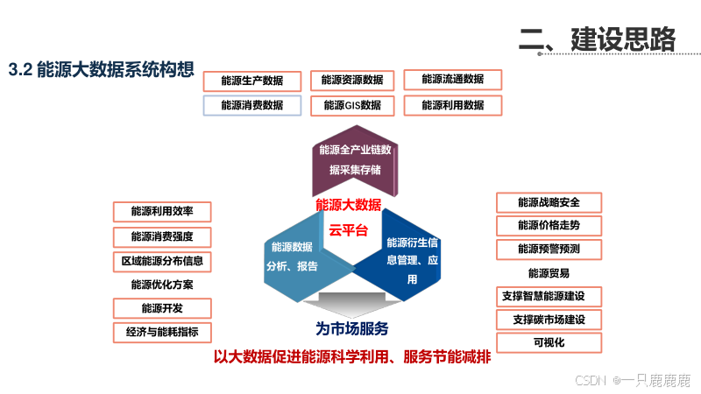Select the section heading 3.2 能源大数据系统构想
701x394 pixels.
[x=101, y=71]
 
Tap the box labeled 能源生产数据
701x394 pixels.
[x=252, y=81]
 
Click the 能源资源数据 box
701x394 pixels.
[x=352, y=80]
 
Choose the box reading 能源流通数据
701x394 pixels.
[x=452, y=79]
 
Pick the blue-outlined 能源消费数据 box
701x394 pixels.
[x=252, y=105]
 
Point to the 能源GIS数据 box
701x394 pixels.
[x=352, y=105]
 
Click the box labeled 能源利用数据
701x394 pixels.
[x=452, y=105]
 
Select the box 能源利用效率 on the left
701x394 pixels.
[x=162, y=211]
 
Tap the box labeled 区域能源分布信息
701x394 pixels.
[x=162, y=261]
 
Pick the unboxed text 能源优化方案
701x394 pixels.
[x=162, y=285]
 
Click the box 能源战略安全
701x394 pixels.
[x=549, y=202]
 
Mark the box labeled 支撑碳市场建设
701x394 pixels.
[x=549, y=319]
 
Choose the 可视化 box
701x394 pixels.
[x=549, y=342]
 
